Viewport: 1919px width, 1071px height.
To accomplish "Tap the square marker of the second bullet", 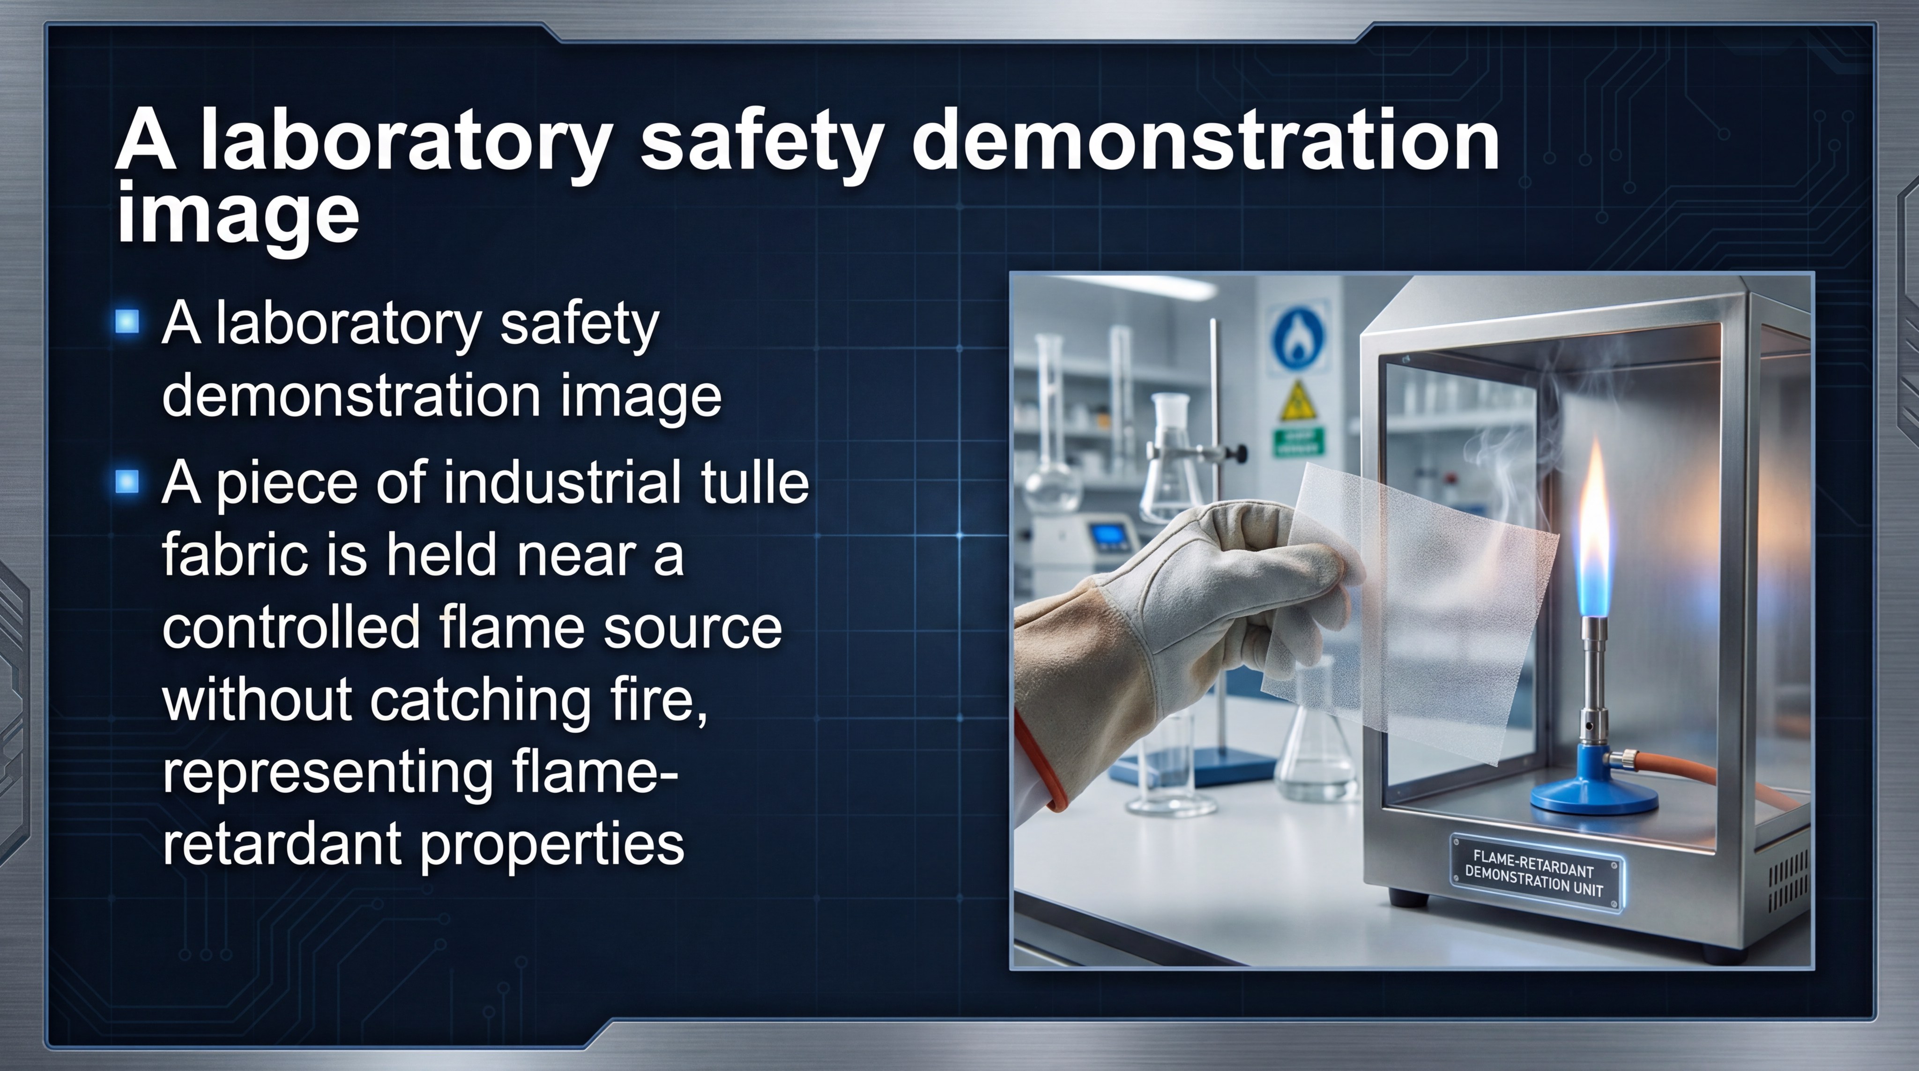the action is click(127, 482).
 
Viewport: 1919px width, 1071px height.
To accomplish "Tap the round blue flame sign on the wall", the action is click(1297, 335).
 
